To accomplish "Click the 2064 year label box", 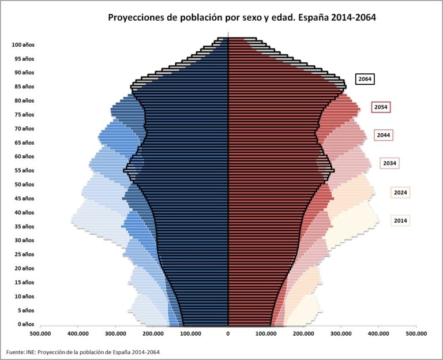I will click(365, 80).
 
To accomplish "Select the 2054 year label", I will click(381, 107).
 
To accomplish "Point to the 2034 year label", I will click(390, 163).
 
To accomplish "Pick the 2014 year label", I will click(400, 220).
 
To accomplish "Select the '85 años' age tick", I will click(24, 87).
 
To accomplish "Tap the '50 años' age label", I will click(24, 185).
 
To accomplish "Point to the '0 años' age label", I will click(26, 324).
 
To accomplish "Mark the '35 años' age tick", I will click(24, 226).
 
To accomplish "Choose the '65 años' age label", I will click(24, 142).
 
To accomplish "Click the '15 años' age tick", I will click(24, 282).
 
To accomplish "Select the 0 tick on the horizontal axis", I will click(228, 333).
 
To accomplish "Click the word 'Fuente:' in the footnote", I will click(16, 352).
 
